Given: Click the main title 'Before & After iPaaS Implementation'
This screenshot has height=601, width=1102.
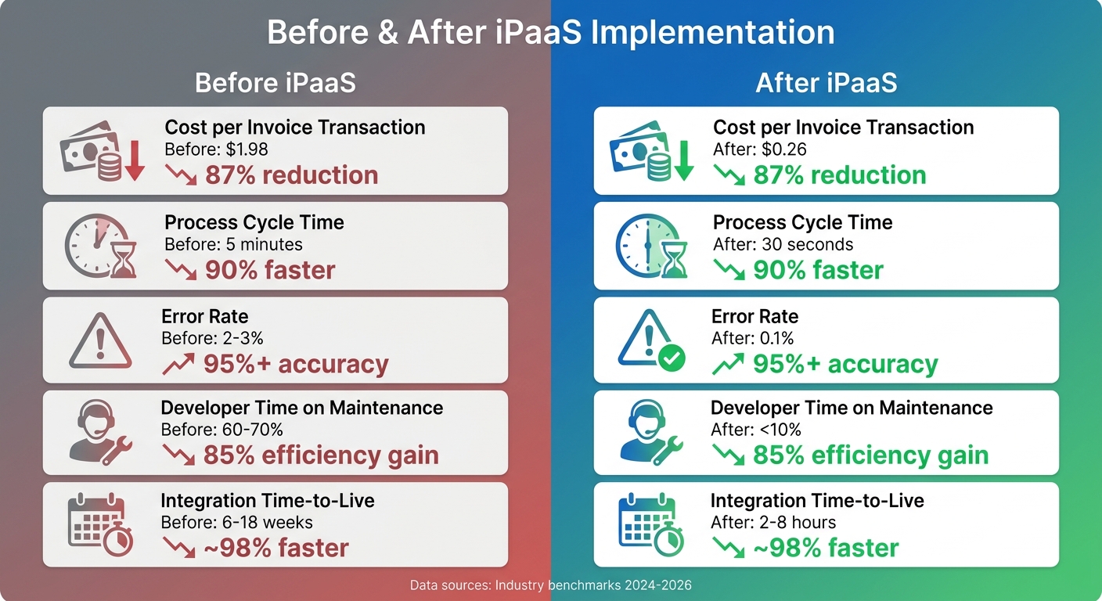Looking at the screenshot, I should coord(550,33).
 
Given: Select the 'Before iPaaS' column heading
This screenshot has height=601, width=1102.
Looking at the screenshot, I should coord(275,83).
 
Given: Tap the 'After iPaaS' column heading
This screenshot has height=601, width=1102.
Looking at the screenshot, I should coord(826,83).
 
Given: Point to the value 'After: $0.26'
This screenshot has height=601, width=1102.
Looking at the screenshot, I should coord(759,149).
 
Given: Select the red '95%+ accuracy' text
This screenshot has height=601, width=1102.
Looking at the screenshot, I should coord(295,364).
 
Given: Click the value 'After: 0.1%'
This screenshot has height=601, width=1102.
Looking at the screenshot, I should coord(752,338).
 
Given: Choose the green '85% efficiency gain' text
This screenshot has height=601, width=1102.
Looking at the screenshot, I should coord(870,455).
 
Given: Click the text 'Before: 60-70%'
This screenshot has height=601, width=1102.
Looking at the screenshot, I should coord(221,429).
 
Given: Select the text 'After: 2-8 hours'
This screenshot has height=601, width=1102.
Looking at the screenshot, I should coord(772,522).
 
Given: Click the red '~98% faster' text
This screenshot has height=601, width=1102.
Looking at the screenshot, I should coord(276,548).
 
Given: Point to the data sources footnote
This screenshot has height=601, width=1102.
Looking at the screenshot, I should coord(550,585).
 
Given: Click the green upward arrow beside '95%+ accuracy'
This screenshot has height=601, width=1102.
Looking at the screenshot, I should coord(728,364).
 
